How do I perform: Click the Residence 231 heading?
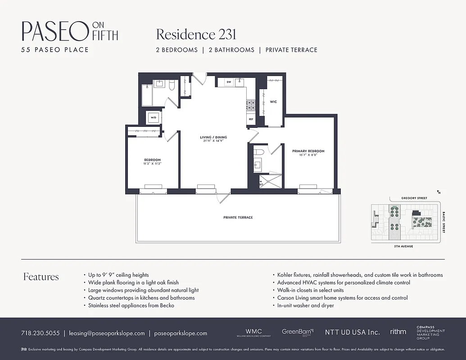(x=196, y=35)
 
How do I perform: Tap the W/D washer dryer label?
(x=153, y=118)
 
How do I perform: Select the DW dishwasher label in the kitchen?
(x=228, y=82)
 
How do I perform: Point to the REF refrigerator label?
(x=251, y=120)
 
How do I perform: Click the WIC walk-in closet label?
(x=273, y=102)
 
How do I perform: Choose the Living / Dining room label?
(x=213, y=137)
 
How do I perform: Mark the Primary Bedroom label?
(x=308, y=151)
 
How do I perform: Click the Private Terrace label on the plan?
(x=238, y=217)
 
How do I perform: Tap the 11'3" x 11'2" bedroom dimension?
(x=152, y=164)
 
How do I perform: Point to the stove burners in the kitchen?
(x=250, y=105)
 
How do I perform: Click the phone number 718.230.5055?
(x=40, y=333)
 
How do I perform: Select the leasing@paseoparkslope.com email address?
(x=107, y=333)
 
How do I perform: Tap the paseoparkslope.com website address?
(x=180, y=333)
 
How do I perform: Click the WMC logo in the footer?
(x=253, y=332)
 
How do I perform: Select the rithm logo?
(x=398, y=332)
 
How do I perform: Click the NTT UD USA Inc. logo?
(x=352, y=332)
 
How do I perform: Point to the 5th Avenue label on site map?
(x=403, y=247)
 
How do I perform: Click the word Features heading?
(x=41, y=277)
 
